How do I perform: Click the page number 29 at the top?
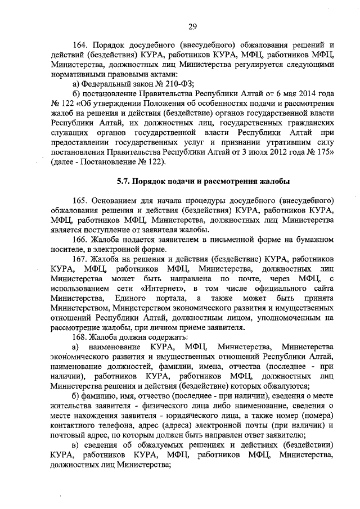point(193,26)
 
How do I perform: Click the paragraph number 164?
point(83,44)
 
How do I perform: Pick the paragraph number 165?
point(83,201)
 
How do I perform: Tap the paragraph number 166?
point(83,240)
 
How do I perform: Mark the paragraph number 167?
point(83,259)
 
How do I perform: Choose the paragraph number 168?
point(83,337)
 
